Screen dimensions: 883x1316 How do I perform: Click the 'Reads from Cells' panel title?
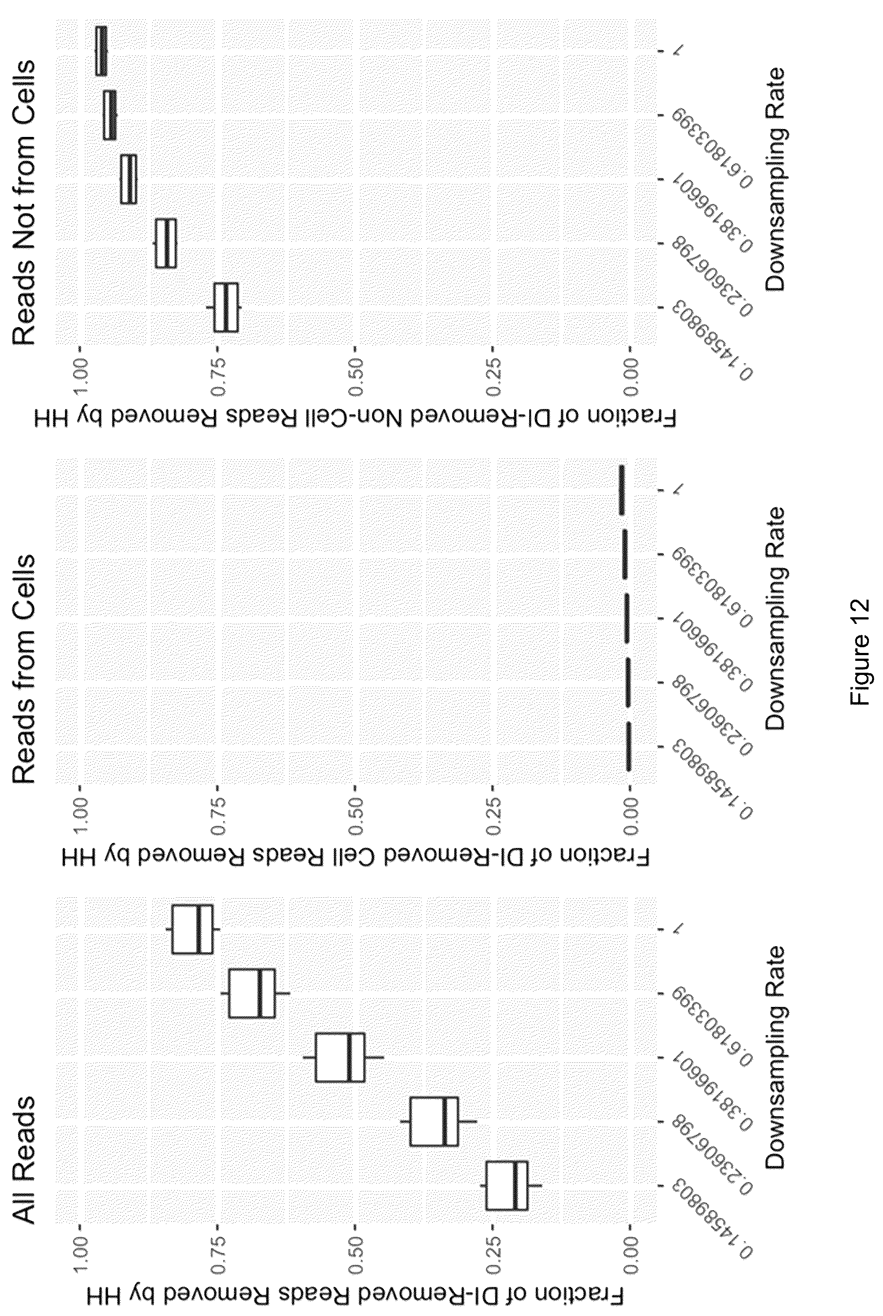coord(24,669)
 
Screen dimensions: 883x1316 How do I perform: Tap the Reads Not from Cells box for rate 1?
coord(101,51)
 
